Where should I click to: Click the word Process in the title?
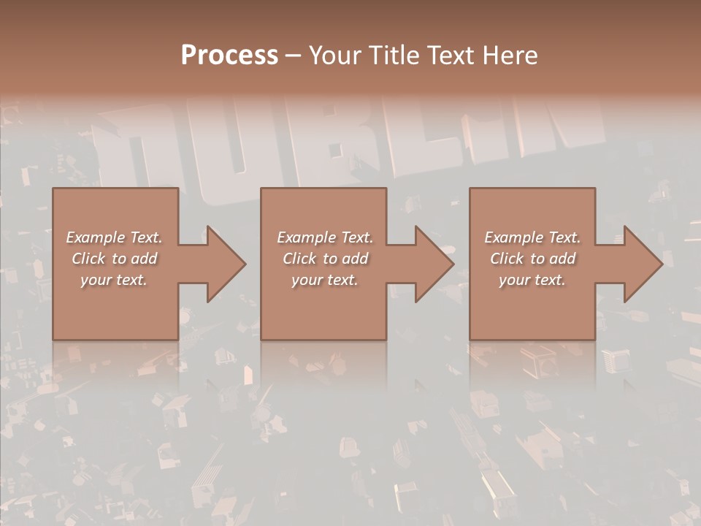tap(229, 56)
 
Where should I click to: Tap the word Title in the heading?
tap(391, 56)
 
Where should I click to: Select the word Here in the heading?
tap(511, 56)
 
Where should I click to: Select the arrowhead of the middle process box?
tap(434, 264)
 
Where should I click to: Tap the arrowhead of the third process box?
tap(643, 264)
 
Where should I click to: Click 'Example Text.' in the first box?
tap(114, 237)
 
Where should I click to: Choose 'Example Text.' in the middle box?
tap(324, 237)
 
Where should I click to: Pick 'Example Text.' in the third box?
tap(532, 237)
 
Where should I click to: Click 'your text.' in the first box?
tap(114, 280)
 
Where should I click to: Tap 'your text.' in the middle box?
tap(324, 280)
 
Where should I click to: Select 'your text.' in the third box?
tap(532, 280)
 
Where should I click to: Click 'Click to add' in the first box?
tap(114, 259)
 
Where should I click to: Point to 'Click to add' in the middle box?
tap(324, 259)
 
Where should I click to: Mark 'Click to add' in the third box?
tap(532, 259)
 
